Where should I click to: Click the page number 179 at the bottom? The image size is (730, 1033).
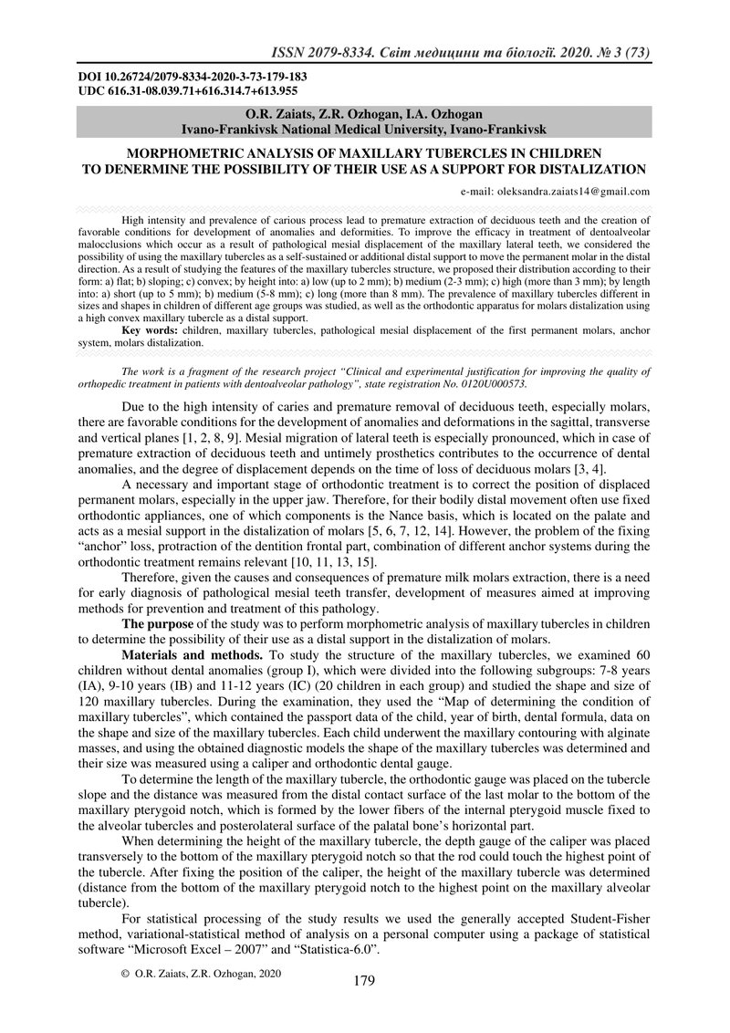[364, 981]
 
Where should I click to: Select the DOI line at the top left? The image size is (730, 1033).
[192, 77]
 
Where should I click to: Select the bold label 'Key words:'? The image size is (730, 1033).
[148, 329]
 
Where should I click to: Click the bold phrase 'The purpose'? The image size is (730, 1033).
[156, 623]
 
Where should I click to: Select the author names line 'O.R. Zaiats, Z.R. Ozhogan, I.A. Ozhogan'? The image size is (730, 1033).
[364, 114]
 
